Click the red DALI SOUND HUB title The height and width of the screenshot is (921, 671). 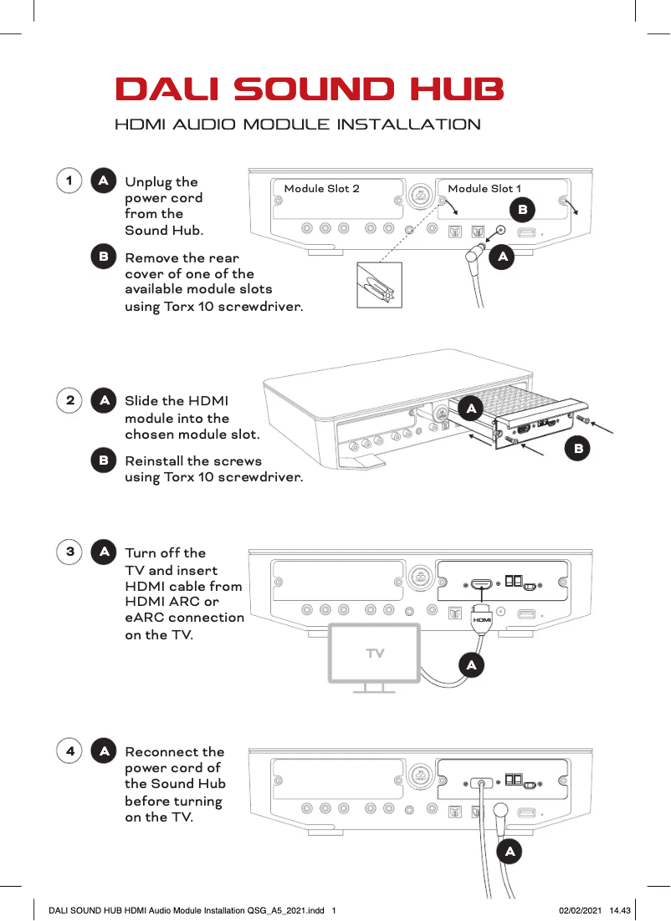coord(310,89)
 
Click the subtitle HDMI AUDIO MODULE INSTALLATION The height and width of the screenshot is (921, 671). coord(297,125)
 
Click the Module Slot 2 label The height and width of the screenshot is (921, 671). coord(322,189)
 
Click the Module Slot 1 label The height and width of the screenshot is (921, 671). coord(484,189)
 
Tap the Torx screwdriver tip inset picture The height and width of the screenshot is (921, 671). coord(379,285)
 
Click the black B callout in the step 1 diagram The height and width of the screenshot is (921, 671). coord(522,206)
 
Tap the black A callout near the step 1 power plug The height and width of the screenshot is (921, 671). coord(502,258)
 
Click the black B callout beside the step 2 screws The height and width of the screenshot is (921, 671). coord(576,450)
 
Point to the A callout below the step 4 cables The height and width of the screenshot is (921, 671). coord(510,852)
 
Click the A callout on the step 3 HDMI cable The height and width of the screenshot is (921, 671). coord(472,665)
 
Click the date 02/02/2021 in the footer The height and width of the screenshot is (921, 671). coord(579,909)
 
